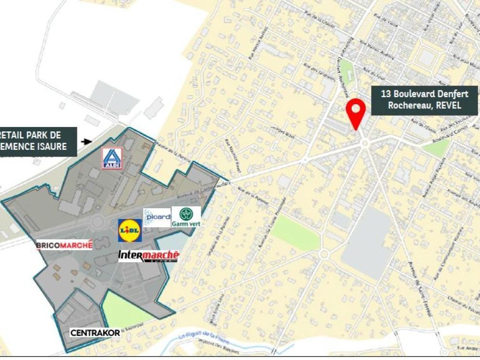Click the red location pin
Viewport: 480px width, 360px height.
point(356,111)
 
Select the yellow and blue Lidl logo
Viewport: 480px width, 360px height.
point(130,230)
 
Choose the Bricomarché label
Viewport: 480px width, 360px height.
point(64,245)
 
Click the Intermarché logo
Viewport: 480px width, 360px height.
point(149,256)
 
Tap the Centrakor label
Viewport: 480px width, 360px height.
point(95,333)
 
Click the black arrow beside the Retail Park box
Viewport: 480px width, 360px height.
point(87,142)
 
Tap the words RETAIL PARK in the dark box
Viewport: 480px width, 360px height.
point(29,135)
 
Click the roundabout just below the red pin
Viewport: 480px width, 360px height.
point(365,143)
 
